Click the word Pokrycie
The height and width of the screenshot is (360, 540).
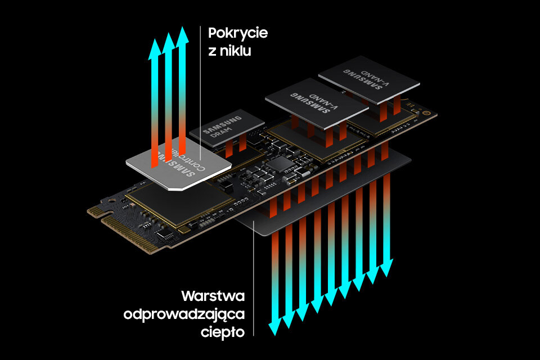(x=238, y=33)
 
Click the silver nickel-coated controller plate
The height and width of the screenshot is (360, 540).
(x=179, y=164)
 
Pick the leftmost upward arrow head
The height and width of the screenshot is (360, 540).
(x=154, y=49)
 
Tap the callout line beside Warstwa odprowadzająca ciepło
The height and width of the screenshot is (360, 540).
(x=254, y=281)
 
